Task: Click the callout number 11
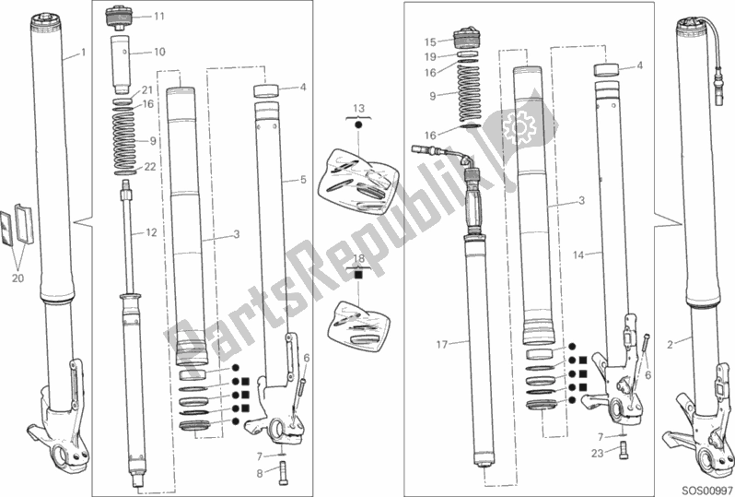point(159,17)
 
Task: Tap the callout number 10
point(159,52)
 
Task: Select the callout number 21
point(148,90)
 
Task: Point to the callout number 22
point(149,167)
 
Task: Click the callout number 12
point(151,232)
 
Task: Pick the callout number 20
point(17,278)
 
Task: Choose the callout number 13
point(358,109)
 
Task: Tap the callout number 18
point(358,258)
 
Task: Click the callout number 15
point(430,42)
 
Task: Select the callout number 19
point(430,57)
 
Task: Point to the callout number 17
point(442,345)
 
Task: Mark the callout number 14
point(579,255)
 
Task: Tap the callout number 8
point(260,474)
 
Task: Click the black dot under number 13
point(358,124)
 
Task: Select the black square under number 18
point(358,274)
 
